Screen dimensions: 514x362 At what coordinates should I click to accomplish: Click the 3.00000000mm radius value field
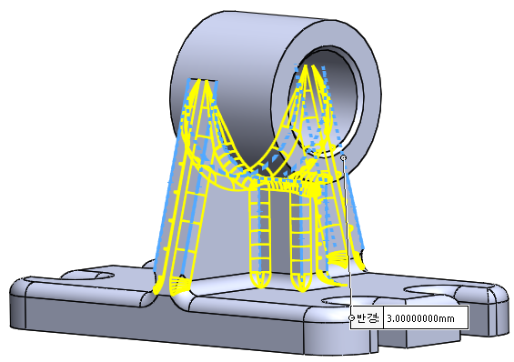(425, 317)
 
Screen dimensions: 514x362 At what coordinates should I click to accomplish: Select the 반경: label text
(368, 317)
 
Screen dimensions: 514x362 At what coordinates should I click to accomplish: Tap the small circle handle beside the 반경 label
(352, 317)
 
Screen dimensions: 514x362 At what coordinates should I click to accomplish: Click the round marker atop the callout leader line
(343, 158)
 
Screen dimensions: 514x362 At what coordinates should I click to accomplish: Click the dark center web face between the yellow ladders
(279, 233)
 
